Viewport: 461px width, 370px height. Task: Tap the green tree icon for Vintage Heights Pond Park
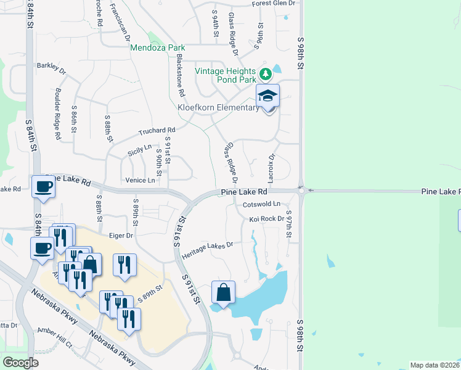tap(266, 75)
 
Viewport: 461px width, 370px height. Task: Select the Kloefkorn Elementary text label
tap(218, 108)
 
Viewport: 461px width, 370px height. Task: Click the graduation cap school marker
tap(268, 97)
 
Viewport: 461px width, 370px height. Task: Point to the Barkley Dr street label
tap(51, 66)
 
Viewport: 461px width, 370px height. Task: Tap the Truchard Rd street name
tap(157, 131)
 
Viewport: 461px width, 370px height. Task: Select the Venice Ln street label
tap(140, 180)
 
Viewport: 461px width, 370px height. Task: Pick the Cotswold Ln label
tap(261, 204)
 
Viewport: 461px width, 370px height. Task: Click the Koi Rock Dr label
tap(267, 219)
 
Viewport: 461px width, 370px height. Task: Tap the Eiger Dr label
tap(121, 236)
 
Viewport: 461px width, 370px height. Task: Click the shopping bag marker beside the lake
tap(223, 292)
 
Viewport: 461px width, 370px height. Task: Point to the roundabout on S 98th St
tap(301, 191)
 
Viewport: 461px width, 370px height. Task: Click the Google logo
tap(20, 363)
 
